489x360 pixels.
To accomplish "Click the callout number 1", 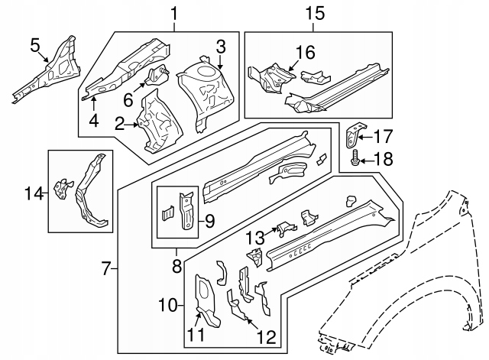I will [x=173, y=13].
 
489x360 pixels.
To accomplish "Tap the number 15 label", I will [x=315, y=13].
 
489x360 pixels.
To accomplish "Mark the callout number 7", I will [x=108, y=268].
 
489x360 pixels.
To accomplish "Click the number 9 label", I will [x=209, y=222].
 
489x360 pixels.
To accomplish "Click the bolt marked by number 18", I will [x=355, y=161].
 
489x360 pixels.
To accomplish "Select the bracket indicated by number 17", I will [x=352, y=134].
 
